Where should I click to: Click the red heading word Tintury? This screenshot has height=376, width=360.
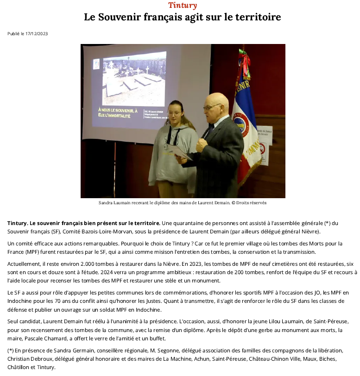coord(183,6)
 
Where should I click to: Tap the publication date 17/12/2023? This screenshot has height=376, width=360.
coord(37,33)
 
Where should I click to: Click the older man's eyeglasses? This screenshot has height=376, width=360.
coord(211,107)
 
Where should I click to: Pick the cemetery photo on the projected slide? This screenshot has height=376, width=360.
coord(134,79)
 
